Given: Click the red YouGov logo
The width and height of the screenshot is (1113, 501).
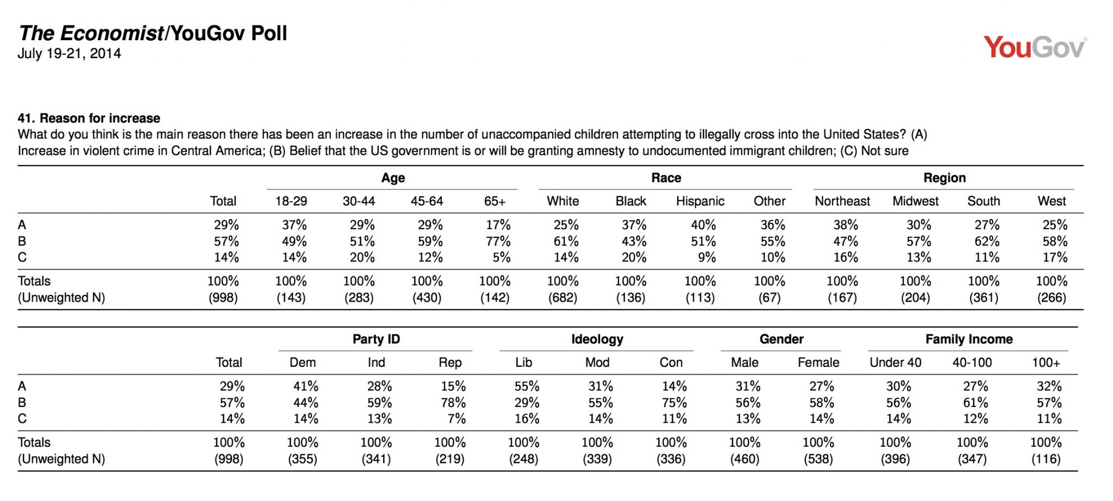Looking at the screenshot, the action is (x=1035, y=47).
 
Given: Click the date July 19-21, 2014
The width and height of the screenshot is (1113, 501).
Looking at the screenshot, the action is (x=69, y=54).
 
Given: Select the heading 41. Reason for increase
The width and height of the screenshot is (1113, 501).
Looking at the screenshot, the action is (x=89, y=118).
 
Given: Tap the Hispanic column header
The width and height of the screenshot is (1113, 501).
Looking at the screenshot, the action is (x=700, y=201).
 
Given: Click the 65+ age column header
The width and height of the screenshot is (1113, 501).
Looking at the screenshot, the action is (x=495, y=201).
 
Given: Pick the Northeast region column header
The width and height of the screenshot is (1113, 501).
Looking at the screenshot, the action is (x=842, y=201).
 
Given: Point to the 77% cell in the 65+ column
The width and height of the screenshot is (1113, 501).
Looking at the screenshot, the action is (x=498, y=241).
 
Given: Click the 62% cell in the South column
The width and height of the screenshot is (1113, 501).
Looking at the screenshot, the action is (x=987, y=241).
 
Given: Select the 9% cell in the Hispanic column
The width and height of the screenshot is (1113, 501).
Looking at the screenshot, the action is (x=706, y=257).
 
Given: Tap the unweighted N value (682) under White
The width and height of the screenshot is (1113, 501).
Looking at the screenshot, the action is (x=562, y=297).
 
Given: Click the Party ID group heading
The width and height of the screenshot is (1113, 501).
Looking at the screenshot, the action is (x=376, y=339).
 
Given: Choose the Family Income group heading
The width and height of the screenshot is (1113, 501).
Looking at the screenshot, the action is (x=969, y=339).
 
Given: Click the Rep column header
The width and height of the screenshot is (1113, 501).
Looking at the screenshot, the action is (x=450, y=362).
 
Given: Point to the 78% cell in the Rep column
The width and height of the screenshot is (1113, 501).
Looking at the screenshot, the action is (x=453, y=402).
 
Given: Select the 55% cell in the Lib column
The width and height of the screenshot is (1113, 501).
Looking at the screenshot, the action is (x=527, y=386).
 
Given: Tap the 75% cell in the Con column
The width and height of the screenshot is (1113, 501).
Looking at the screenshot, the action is (x=674, y=402).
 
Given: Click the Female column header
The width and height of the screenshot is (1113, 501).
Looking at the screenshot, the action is (x=818, y=362).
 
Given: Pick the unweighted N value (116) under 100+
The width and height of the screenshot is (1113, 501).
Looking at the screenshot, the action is (x=1046, y=459).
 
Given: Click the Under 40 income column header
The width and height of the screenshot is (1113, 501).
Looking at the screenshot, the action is (x=895, y=362).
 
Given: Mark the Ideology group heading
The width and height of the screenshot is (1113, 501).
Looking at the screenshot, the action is (x=597, y=339).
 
